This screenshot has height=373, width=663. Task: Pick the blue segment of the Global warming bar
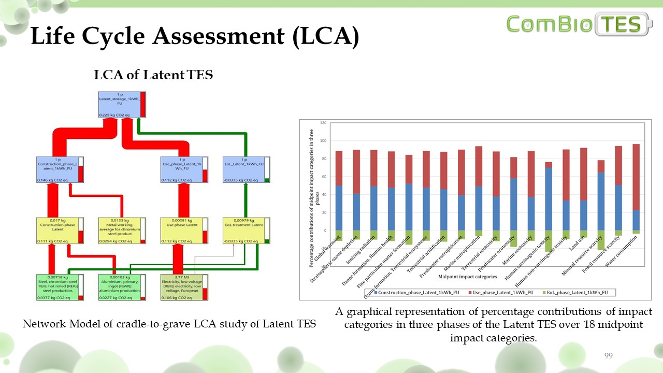click(339, 208)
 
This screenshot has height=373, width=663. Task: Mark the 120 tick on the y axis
click(324, 123)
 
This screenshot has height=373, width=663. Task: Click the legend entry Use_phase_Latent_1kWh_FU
click(502, 293)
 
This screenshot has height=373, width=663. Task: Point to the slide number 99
click(609, 355)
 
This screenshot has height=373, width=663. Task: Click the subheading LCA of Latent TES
click(153, 75)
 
